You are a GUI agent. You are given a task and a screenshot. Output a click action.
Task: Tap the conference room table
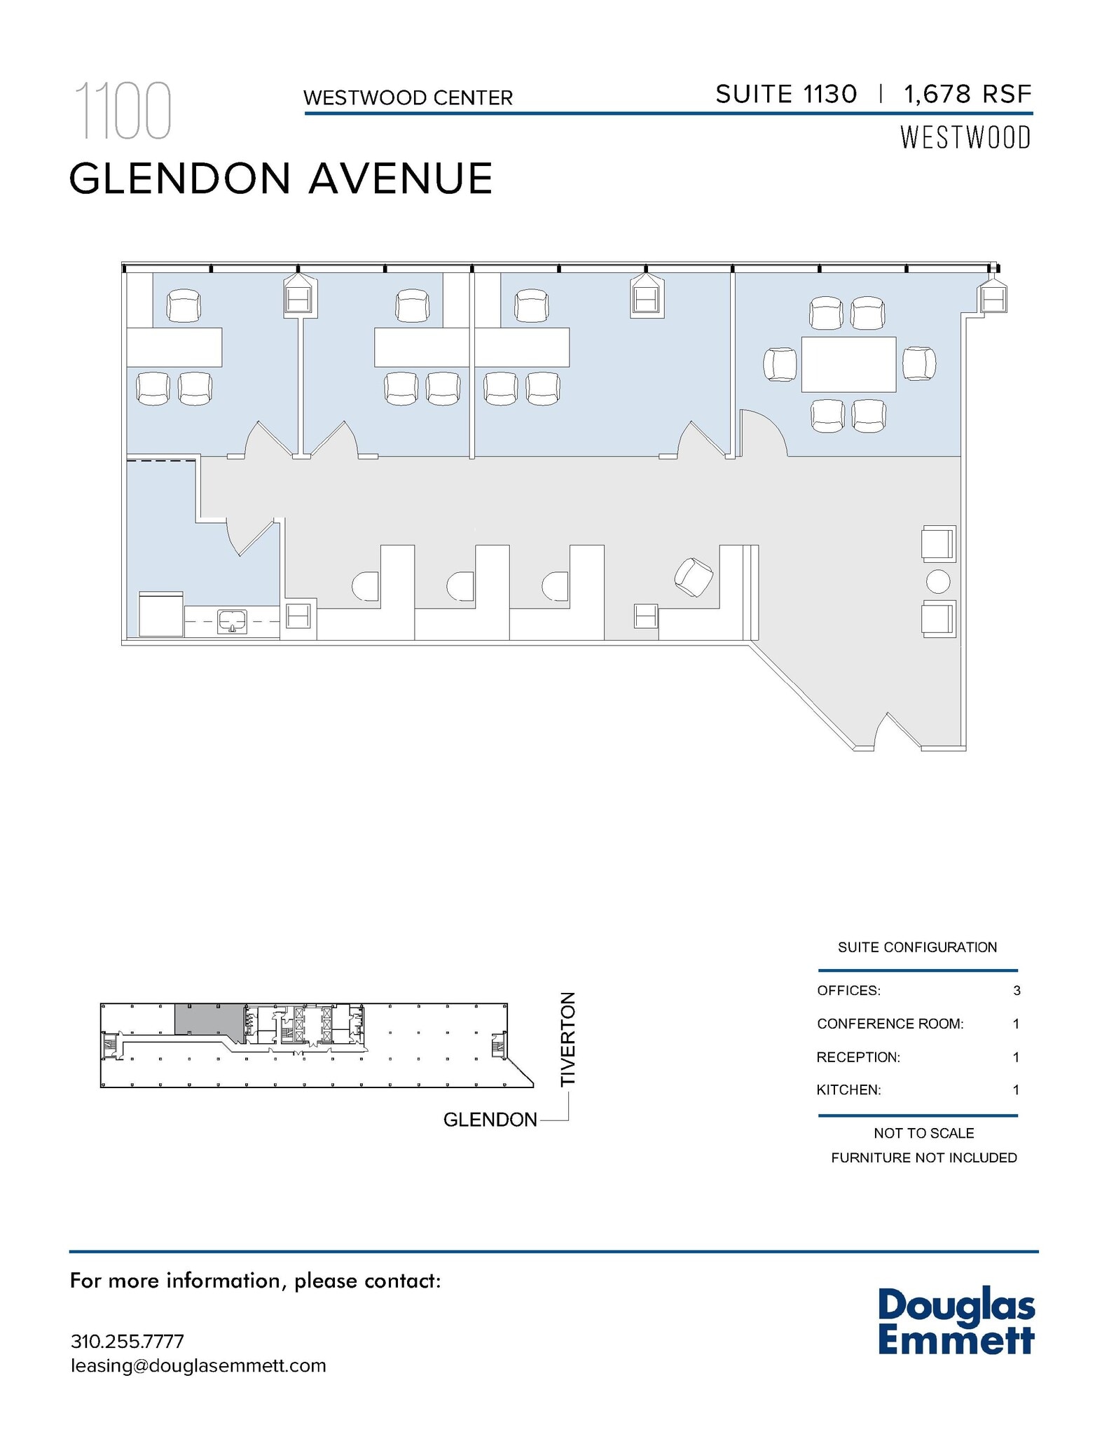point(848,364)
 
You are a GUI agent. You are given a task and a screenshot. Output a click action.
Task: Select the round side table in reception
point(937,581)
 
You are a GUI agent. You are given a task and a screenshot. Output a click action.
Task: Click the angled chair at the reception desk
point(694,577)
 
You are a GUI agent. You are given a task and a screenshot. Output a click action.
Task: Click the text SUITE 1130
point(786,94)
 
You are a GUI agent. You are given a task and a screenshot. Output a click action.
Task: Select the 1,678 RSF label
point(968,94)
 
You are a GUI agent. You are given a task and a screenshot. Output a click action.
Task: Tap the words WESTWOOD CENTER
point(408,97)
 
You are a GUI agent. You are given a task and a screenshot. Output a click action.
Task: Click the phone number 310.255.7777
point(128,1341)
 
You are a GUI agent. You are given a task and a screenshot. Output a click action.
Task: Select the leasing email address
point(198,1365)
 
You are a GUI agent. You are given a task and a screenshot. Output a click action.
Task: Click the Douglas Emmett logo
point(956,1321)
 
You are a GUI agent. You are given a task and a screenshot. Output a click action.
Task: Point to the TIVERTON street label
point(567,1039)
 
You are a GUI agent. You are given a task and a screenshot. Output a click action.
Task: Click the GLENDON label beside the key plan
point(490,1120)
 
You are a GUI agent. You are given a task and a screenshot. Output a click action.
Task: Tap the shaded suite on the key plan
point(207,1019)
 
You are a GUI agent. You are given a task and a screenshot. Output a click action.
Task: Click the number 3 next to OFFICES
point(1017,991)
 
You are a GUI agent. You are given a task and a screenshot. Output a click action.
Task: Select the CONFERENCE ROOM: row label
point(890,1024)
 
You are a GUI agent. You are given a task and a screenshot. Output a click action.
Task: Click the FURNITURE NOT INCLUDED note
point(923,1157)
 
